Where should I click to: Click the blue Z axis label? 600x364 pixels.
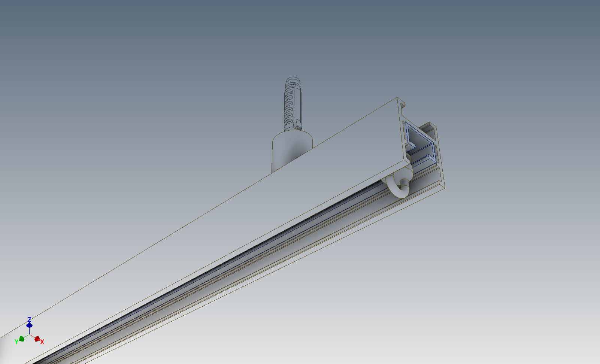pos(30,319)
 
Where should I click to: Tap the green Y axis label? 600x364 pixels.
pos(16,342)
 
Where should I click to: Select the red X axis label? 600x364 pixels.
pos(42,342)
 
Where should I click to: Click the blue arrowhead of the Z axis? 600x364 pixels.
pos(30,325)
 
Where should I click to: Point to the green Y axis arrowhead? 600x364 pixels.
pos(22,339)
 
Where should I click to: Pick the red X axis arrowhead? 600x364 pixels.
pos(37,339)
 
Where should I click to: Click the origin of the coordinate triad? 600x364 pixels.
pos(30,334)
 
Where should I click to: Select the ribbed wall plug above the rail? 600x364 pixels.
pos(293,104)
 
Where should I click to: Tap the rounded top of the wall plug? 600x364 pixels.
pos(293,80)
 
